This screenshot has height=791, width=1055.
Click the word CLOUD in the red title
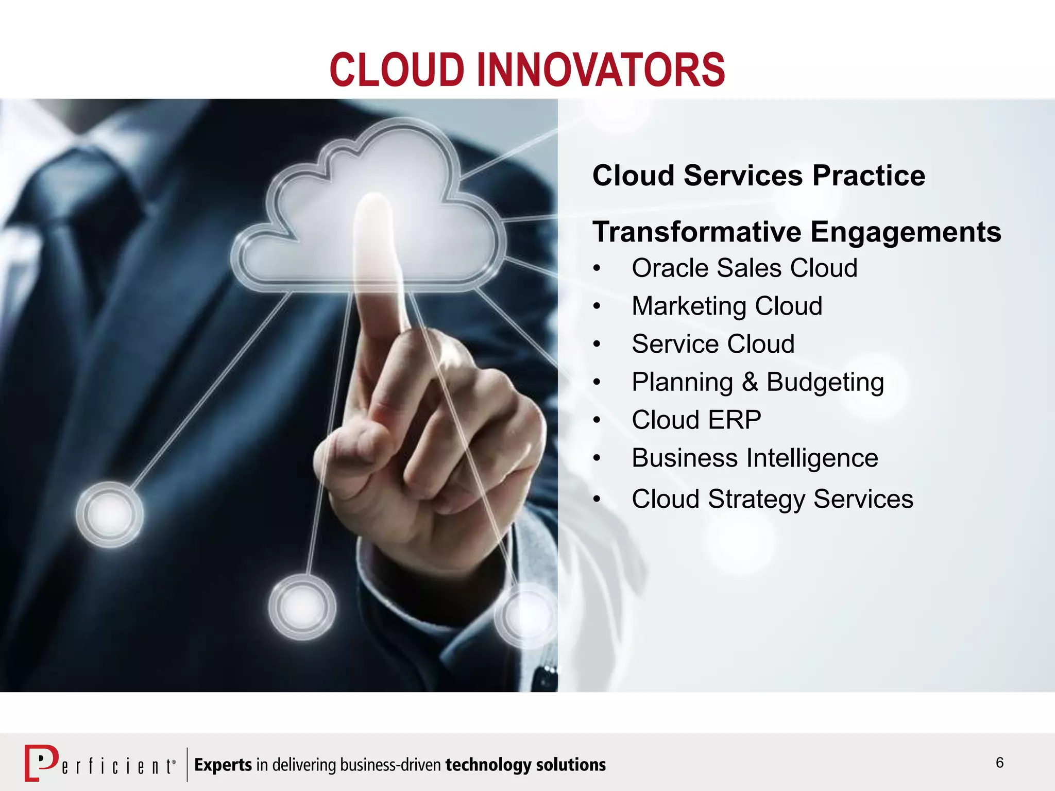click(x=397, y=71)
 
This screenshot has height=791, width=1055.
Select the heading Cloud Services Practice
click(x=758, y=176)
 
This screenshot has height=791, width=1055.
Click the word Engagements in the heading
click(x=906, y=232)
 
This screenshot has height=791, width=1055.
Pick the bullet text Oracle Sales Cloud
click(x=744, y=268)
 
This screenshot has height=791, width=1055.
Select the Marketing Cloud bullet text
click(x=726, y=306)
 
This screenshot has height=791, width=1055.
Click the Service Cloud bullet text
click(x=713, y=344)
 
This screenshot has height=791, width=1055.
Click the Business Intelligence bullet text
click(x=755, y=458)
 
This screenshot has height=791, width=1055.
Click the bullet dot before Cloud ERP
click(x=597, y=420)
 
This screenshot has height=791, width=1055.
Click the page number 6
click(x=999, y=763)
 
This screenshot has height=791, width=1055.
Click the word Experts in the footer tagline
click(x=223, y=765)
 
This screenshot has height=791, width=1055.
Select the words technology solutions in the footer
click(x=525, y=765)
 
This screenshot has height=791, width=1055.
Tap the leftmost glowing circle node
click(x=110, y=514)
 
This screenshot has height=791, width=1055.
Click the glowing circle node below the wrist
click(x=302, y=607)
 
